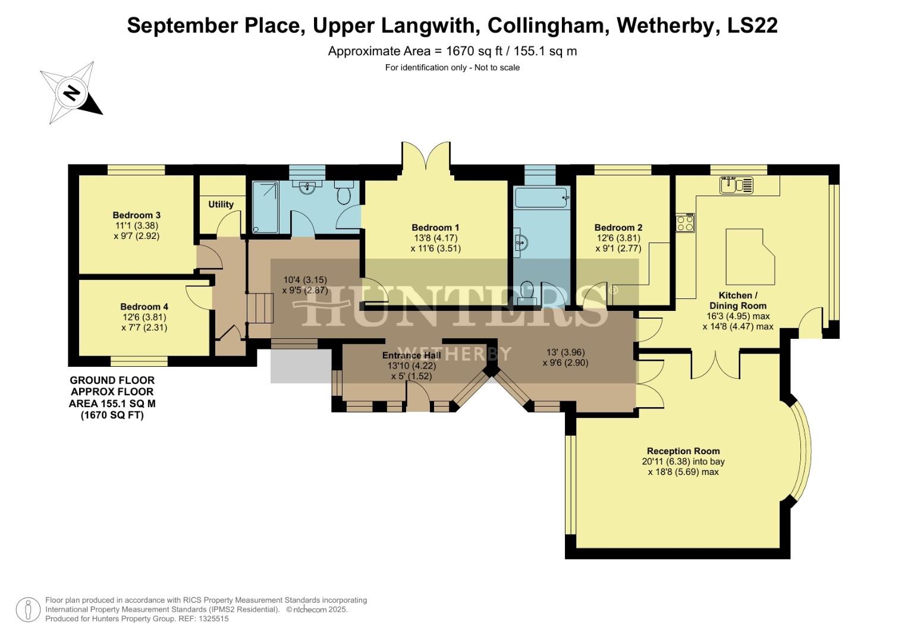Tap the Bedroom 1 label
click(x=435, y=227)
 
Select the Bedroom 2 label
click(x=618, y=227)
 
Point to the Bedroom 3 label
click(x=136, y=215)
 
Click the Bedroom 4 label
click(x=144, y=307)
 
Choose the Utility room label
click(x=221, y=204)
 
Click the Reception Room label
click(x=683, y=451)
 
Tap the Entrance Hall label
click(x=411, y=355)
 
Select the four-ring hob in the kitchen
click(x=685, y=223)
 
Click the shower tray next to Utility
click(x=265, y=207)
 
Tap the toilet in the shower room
click(x=344, y=193)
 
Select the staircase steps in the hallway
click(x=259, y=307)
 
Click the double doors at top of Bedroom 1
click(x=426, y=159)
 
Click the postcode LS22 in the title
click(x=752, y=25)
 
